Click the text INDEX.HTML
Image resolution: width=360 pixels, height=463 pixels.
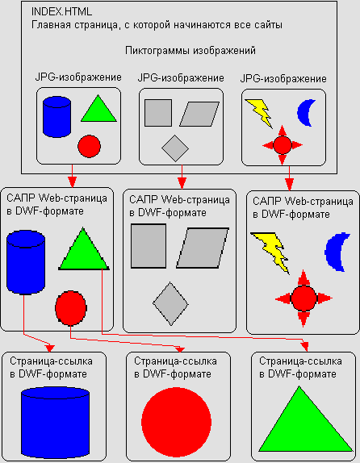pyautogui.click(x=61, y=12)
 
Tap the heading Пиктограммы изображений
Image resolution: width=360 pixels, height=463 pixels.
pyautogui.click(x=190, y=51)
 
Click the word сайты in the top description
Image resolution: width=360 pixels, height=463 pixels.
pyautogui.click(x=268, y=25)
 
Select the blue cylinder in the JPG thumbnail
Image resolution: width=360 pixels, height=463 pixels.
pyautogui.click(x=57, y=117)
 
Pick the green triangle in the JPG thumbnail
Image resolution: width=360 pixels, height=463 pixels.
pyautogui.click(x=98, y=110)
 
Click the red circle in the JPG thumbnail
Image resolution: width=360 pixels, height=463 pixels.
pyautogui.click(x=90, y=146)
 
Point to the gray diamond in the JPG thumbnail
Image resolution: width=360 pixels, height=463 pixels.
pyautogui.click(x=175, y=148)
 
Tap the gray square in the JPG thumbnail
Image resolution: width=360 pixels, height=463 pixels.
pyautogui.click(x=158, y=113)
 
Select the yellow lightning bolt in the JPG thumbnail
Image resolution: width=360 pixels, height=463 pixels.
pyautogui.click(x=259, y=113)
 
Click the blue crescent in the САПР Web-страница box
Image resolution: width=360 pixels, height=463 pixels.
pyautogui.click(x=337, y=252)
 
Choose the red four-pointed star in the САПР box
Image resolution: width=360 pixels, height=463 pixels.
pyautogui.click(x=303, y=298)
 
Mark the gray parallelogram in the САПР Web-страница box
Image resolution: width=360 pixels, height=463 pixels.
pyautogui.click(x=203, y=248)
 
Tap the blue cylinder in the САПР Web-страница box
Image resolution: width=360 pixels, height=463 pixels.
pyautogui.click(x=26, y=263)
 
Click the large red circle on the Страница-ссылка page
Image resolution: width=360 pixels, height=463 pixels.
pyautogui.click(x=176, y=422)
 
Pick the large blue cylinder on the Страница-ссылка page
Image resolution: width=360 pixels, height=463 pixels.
pyautogui.click(x=55, y=422)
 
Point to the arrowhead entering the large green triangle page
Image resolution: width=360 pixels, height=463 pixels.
pyautogui.click(x=305, y=347)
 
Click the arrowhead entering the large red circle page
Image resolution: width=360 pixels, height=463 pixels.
pyautogui.click(x=180, y=349)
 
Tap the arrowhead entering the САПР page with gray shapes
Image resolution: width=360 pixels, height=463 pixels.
pyautogui.click(x=182, y=183)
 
